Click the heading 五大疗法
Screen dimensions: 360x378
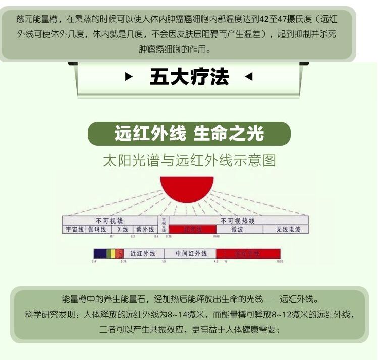pos(189,77)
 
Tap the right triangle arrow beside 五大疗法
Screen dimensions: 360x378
pos(248,77)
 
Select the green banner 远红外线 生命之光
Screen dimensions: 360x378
pos(189,134)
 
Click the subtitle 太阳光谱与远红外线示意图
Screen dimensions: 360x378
pos(189,161)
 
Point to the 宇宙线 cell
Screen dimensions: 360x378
pos(74,229)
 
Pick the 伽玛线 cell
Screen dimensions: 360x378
pos(97,229)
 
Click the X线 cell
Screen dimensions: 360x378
pos(122,229)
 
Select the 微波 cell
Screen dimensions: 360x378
pos(238,229)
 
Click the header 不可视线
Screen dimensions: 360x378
pos(110,221)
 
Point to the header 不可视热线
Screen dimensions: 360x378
pos(238,221)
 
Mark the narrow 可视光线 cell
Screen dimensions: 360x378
pos(163,225)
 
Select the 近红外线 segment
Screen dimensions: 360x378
pos(143,253)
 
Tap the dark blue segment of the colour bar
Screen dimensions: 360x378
pos(100,253)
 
